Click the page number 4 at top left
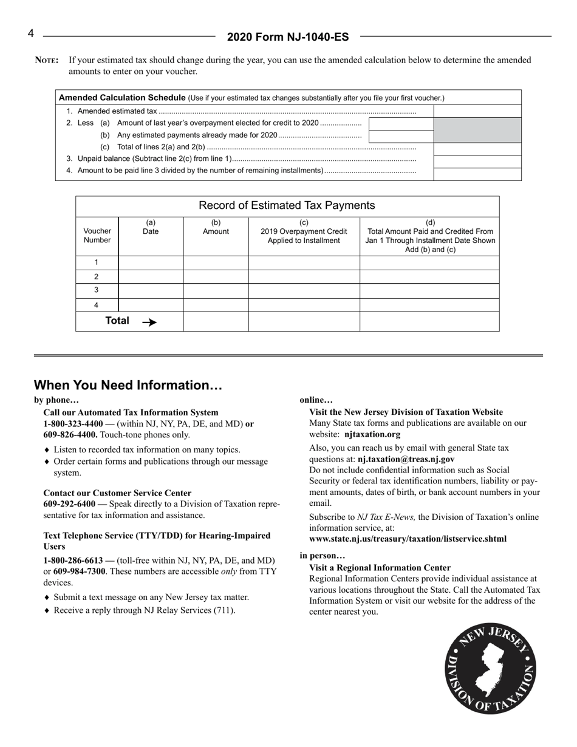(30, 33)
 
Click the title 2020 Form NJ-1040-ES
(288, 37)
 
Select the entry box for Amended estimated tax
(477, 111)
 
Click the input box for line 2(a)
(401, 124)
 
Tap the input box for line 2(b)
(401, 136)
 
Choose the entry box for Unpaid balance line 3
(477, 161)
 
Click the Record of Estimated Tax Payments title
(287, 205)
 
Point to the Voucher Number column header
(97, 235)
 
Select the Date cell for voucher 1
(151, 262)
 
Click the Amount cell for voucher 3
(216, 290)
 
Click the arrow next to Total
(149, 322)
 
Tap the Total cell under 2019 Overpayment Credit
(304, 321)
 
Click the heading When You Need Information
(128, 386)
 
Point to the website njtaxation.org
(372, 434)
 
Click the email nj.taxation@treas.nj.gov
(406, 459)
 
